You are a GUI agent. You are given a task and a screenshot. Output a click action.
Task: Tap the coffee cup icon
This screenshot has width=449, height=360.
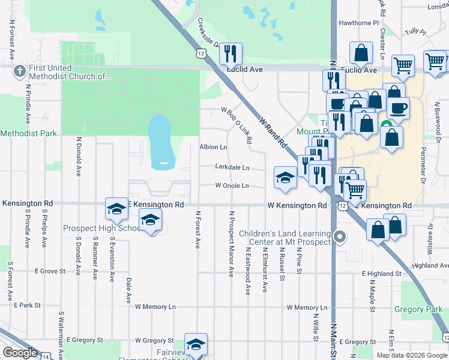(x=398, y=109)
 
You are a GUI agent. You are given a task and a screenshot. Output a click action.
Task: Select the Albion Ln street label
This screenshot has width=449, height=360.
(x=213, y=147)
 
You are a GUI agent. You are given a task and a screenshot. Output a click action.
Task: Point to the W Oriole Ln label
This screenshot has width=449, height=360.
(x=232, y=186)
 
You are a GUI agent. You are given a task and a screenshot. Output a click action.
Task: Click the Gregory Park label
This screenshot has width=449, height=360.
(x=418, y=310)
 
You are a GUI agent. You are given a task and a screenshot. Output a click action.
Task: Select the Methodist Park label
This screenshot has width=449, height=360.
(x=29, y=133)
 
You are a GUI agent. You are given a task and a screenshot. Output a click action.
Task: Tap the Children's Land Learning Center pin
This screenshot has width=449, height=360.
(x=340, y=237)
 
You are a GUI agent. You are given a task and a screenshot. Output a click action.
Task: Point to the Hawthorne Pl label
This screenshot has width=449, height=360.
(x=358, y=23)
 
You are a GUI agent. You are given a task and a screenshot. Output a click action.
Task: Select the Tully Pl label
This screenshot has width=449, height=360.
(x=414, y=31)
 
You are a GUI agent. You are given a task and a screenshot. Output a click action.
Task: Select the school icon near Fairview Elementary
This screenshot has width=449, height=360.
(x=196, y=344)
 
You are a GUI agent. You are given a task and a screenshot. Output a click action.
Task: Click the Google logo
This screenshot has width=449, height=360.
(x=19, y=353)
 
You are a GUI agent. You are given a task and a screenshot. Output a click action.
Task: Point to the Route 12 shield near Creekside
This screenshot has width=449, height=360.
(x=200, y=54)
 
